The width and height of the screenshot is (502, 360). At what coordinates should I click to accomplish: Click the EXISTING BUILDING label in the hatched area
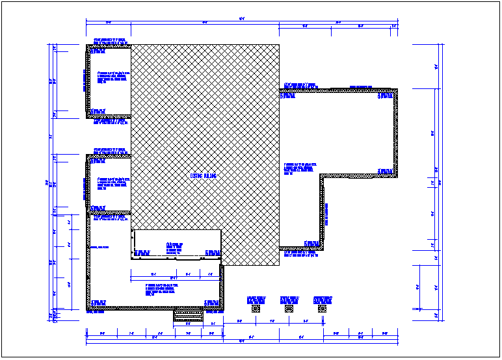pos(203,175)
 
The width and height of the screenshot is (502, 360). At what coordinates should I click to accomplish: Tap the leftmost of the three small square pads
pos(256,309)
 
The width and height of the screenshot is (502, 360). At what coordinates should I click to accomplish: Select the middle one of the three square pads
pos(289,309)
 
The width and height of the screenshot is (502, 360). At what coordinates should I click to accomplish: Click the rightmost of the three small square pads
pos(322,309)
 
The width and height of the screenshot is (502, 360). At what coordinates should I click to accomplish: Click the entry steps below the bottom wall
pos(187,315)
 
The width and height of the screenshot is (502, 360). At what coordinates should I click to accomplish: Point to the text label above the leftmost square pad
pos(256,300)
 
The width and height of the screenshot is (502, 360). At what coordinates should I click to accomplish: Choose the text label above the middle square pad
pos(289,300)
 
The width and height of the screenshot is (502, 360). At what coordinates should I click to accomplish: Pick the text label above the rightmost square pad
pos(323,300)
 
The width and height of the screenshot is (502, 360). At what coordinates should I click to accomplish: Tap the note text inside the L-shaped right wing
pos(300,168)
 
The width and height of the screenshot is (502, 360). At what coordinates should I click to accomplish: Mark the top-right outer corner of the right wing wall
pos(396,89)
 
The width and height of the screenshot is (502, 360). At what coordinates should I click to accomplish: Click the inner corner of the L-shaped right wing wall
pos(321,176)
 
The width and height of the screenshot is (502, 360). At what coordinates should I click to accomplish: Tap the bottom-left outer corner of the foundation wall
pos(87,310)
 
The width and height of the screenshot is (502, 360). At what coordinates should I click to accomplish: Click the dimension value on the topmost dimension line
pos(241,18)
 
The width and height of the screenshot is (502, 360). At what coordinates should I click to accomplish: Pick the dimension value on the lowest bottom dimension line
pos(241,341)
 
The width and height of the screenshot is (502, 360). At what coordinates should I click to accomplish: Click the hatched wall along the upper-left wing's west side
pos(88,81)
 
